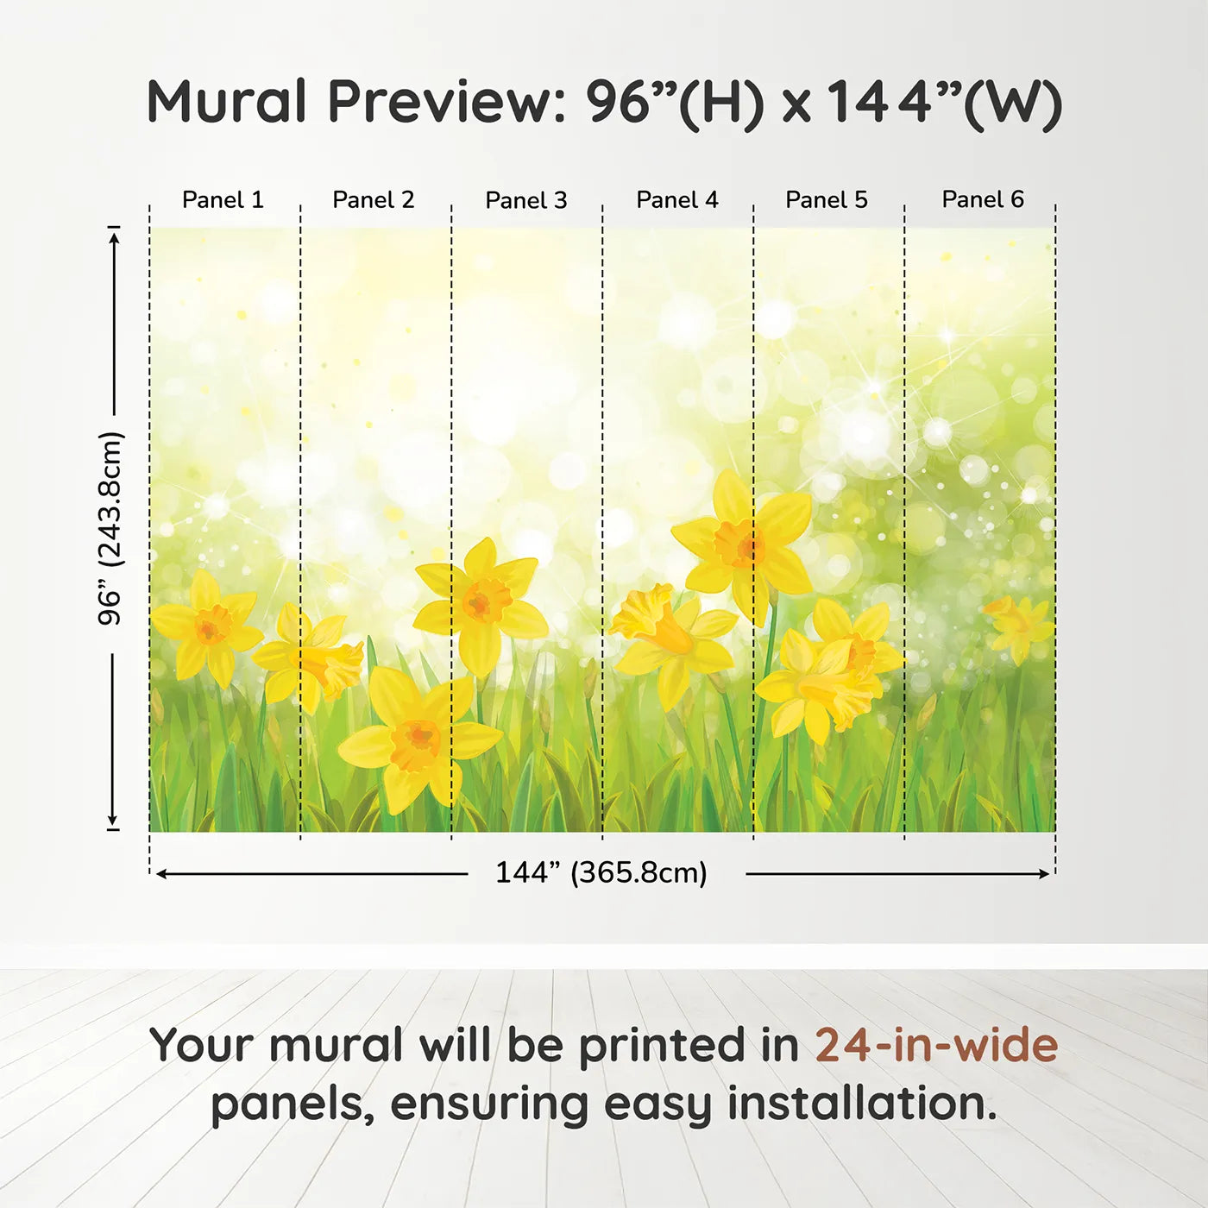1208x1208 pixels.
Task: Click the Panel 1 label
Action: pyautogui.click(x=223, y=200)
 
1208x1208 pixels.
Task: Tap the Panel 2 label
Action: pyautogui.click(x=373, y=200)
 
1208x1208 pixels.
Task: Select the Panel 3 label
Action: pyautogui.click(x=526, y=200)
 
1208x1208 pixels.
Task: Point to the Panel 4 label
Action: pyautogui.click(x=677, y=200)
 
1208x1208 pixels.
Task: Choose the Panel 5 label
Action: pyautogui.click(x=827, y=200)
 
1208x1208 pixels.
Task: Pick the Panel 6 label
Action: pyautogui.click(x=982, y=199)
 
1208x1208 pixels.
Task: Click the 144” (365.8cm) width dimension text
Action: pyautogui.click(x=601, y=872)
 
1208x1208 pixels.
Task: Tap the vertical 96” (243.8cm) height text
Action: pyautogui.click(x=110, y=528)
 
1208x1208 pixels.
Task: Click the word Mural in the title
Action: pyautogui.click(x=226, y=102)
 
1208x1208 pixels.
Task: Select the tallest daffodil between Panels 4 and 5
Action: pyautogui.click(x=743, y=545)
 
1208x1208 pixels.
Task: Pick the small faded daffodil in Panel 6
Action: pyautogui.click(x=1016, y=627)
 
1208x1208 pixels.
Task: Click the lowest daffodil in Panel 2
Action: pyautogui.click(x=418, y=739)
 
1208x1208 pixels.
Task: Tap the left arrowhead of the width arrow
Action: pyautogui.click(x=160, y=874)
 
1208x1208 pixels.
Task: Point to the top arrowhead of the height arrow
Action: pyautogui.click(x=113, y=238)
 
